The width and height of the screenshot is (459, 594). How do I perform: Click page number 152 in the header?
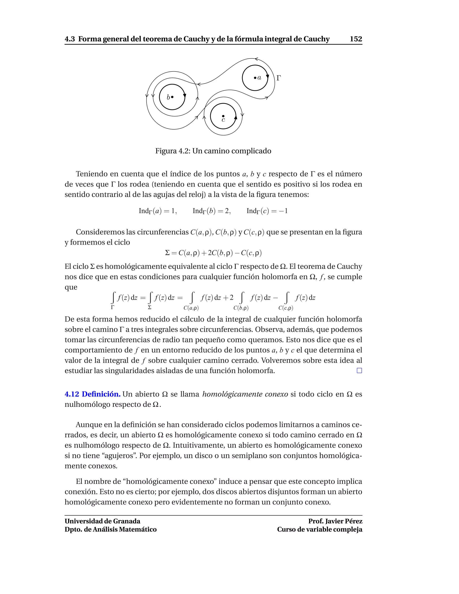tap(356, 39)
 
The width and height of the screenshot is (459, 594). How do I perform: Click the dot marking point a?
tap(255, 78)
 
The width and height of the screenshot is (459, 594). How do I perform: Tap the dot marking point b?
tap(172, 97)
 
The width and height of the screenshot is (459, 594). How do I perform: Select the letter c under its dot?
tap(223, 120)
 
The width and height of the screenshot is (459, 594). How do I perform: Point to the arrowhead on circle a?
tap(267, 77)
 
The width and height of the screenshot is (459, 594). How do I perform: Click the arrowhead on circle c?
tap(236, 117)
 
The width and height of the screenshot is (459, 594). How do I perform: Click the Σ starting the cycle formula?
tap(167, 253)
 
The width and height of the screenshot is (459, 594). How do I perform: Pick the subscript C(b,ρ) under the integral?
tap(241, 308)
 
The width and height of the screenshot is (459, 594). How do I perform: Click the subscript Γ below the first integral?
tap(113, 307)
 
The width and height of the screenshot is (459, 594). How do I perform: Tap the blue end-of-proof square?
tap(359, 371)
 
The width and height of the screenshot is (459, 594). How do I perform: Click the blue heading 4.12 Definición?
tap(93, 394)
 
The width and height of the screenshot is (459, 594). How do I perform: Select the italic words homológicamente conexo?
tap(245, 394)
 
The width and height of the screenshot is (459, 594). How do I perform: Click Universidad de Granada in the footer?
tap(102, 521)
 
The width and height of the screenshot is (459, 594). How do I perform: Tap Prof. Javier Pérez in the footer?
tap(335, 521)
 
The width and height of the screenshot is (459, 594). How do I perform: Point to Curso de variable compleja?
tap(320, 529)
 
